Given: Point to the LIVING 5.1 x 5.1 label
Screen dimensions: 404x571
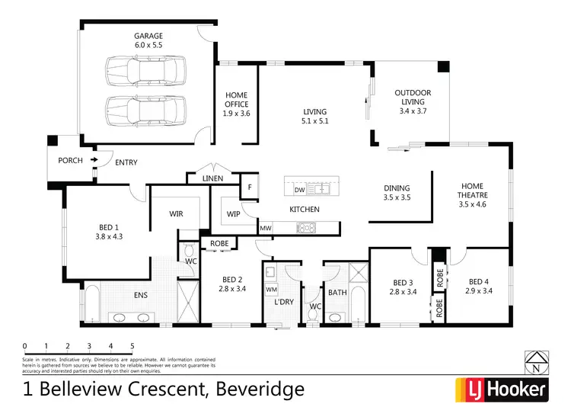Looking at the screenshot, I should click(314, 116).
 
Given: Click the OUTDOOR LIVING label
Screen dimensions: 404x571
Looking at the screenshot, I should click(413, 101).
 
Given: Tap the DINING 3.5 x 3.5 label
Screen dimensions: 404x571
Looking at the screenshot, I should click(397, 193).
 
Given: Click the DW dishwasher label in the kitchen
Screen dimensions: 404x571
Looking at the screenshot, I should click(299, 190).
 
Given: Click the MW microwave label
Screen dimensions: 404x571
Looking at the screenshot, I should click(266, 228).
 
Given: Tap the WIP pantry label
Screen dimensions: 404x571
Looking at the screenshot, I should click(234, 214).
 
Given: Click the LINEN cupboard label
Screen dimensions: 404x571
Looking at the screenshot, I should click(213, 178).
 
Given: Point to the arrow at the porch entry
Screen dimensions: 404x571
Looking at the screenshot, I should click(94, 160).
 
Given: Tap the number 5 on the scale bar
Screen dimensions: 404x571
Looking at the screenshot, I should click(132, 345).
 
